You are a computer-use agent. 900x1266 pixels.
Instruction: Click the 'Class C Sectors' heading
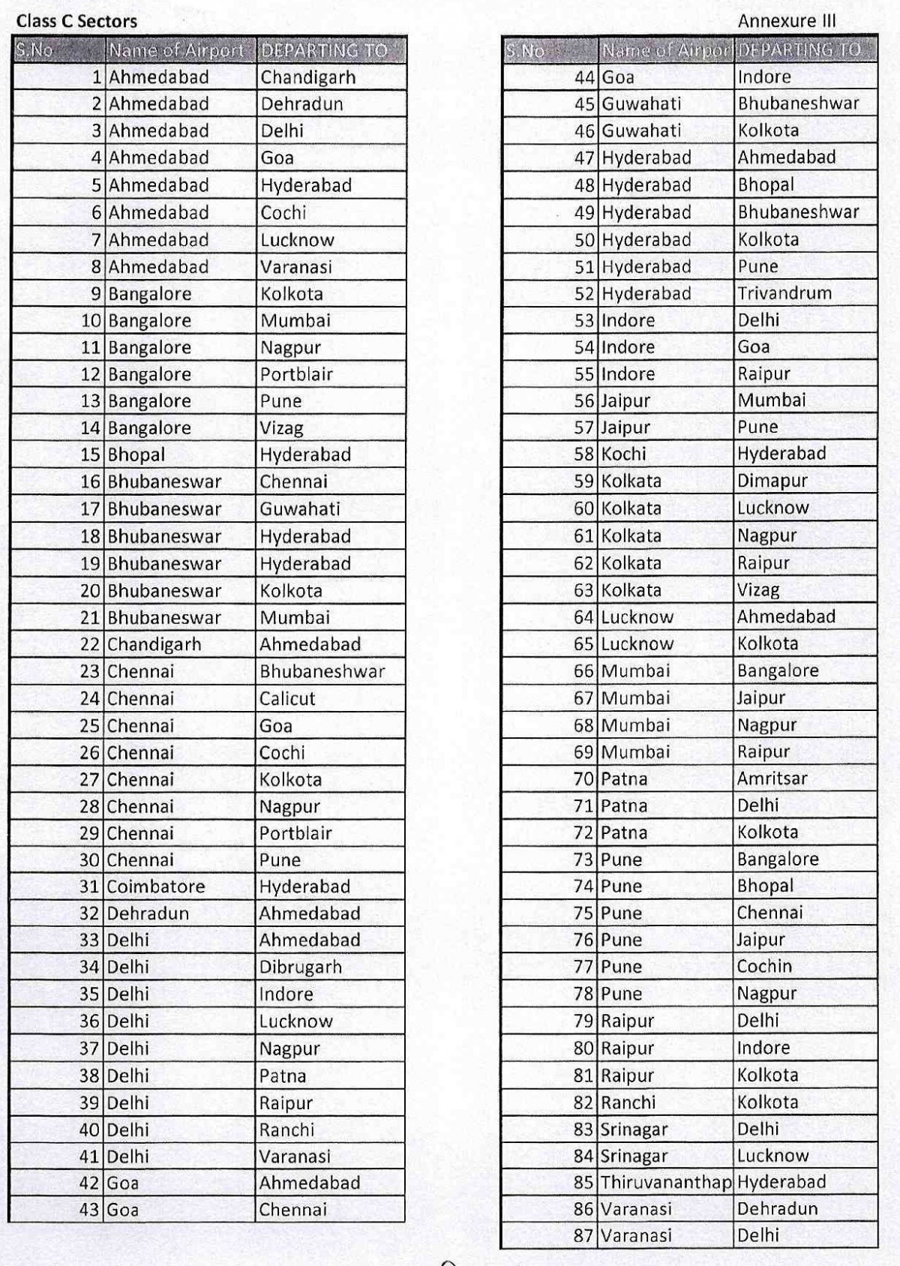76,22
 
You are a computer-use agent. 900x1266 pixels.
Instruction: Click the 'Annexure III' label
786,21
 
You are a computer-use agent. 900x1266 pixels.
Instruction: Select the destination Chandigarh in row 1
308,77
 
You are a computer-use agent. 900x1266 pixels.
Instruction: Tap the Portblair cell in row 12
296,374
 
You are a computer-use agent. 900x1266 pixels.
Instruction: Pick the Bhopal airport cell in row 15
136,455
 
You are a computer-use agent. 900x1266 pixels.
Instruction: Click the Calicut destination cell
287,699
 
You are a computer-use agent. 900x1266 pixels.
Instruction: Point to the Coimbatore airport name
156,886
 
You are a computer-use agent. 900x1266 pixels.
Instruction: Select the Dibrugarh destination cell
300,967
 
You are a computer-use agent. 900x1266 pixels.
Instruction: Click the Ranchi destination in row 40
286,1130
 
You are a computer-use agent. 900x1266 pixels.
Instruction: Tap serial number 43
89,1210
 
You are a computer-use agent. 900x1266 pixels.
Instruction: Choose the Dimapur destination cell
772,481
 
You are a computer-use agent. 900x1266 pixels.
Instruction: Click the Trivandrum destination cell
784,293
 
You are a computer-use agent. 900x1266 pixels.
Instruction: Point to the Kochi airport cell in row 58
623,454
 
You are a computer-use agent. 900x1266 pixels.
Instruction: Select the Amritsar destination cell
772,779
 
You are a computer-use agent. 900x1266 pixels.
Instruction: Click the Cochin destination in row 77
764,967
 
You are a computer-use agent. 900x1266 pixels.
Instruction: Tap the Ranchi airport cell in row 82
628,1102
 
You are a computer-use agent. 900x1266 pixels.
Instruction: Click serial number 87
583,1236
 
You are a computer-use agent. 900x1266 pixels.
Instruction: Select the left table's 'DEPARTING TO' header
324,51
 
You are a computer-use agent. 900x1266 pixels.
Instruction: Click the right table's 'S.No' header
525,51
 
